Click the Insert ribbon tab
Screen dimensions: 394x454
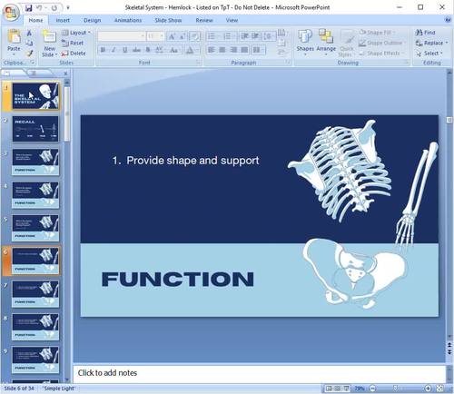63,19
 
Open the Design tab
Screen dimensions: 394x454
93,19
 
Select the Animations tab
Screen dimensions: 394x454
127,19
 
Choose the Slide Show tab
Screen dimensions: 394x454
167,19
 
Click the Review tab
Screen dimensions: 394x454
204,19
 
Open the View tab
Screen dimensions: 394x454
232,19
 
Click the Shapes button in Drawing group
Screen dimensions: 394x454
305,42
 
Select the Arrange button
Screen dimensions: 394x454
326,42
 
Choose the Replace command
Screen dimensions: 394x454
429,43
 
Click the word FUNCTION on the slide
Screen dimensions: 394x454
177,279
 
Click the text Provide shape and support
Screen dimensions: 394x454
192,161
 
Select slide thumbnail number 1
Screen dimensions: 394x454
36,97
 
